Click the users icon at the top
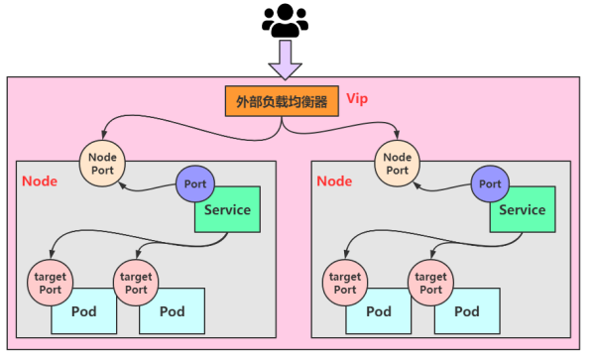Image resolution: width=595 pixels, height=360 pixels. coord(285,21)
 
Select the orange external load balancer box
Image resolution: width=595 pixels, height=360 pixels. coord(281,102)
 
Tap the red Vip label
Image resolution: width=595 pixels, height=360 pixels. coord(357,100)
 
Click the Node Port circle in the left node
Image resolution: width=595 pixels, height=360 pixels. coord(102,163)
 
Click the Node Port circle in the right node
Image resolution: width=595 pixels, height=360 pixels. coord(397,163)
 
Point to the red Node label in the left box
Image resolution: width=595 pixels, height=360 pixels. coord(40,181)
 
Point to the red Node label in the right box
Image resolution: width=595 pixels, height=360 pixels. coord(334,181)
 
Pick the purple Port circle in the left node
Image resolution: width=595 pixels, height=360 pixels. coord(195,183)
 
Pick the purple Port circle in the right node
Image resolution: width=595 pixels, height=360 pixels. coord(490,183)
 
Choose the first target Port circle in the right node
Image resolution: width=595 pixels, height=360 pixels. coord(343,283)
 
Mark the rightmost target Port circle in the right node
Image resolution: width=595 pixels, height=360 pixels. coord(428,283)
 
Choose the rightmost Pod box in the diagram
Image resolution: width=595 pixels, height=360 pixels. coord(467,311)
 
